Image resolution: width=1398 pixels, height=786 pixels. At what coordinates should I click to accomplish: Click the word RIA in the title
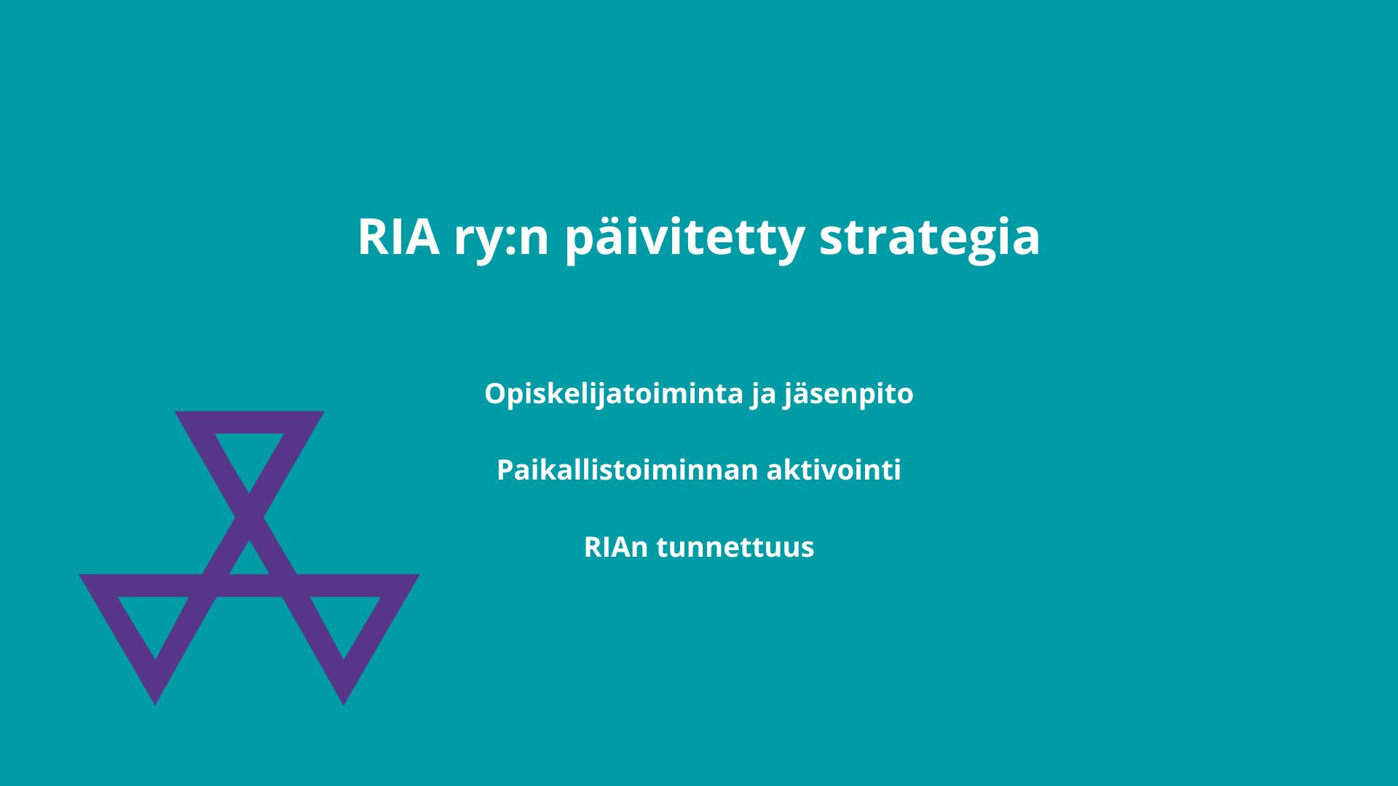click(x=398, y=237)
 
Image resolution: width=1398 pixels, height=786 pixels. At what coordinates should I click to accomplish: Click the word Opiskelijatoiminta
click(x=614, y=394)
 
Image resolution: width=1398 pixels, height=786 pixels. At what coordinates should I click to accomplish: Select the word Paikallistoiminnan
click(x=628, y=471)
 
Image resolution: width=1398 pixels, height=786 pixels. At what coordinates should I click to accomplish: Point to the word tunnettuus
click(x=735, y=547)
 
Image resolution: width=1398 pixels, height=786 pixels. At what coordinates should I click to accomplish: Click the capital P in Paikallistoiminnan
click(x=506, y=470)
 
